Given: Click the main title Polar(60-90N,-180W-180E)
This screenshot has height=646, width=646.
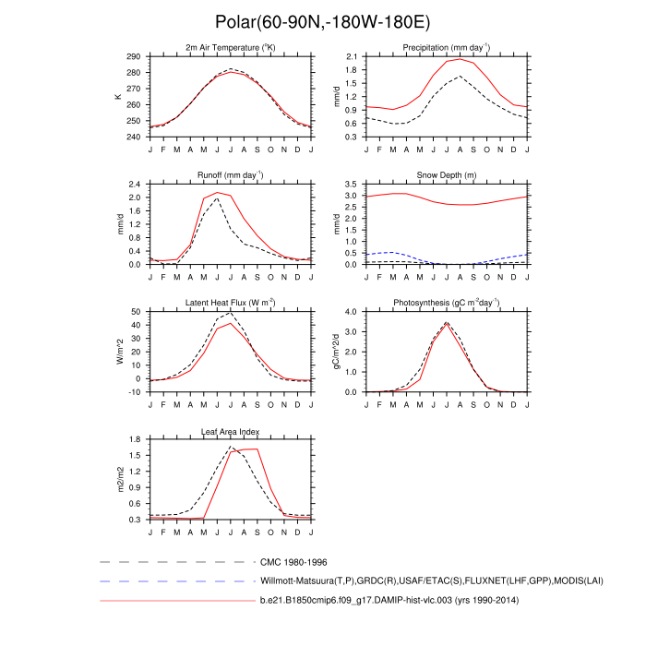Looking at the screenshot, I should (x=322, y=22).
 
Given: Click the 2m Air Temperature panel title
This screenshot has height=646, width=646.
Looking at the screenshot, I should (x=231, y=47).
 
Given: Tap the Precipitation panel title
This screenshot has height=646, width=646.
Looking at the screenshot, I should (x=446, y=47).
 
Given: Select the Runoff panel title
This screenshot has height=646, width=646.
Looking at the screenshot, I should (x=231, y=173).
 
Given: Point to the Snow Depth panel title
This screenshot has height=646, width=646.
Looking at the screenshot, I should (x=446, y=173).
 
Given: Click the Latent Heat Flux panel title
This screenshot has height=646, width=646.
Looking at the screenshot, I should (x=231, y=302).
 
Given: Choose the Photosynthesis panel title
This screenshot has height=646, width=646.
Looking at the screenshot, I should (x=446, y=302).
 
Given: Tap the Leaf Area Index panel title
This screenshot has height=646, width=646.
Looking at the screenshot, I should (x=231, y=430).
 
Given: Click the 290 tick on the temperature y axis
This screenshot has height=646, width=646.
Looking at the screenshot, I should (x=134, y=57).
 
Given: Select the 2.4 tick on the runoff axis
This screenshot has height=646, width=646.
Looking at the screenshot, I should (x=135, y=185).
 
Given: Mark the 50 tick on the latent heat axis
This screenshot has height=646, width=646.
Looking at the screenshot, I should (x=137, y=312).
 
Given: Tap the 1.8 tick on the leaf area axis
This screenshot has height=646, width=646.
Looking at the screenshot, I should (x=135, y=439).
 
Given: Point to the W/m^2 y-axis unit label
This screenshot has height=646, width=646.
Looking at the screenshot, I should (x=119, y=352).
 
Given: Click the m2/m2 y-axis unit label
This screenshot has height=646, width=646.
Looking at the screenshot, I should (x=119, y=479).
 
